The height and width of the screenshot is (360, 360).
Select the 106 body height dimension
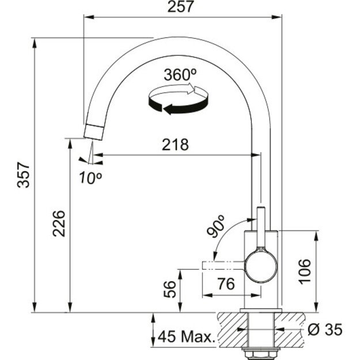point(305,271)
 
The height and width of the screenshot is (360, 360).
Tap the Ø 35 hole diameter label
point(325,329)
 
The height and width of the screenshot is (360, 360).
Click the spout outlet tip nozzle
point(93,131)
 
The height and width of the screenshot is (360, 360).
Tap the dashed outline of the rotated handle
point(222,265)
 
